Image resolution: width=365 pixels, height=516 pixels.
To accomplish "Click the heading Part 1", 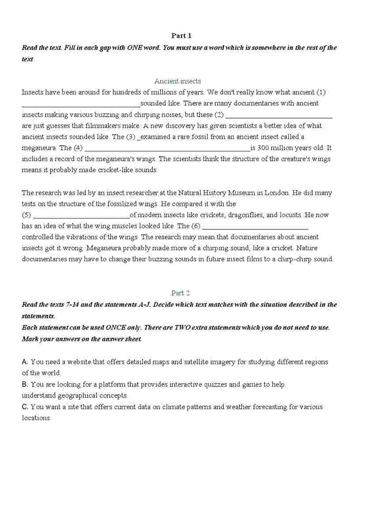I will point(181,36).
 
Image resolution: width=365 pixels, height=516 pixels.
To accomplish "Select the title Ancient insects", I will point(177,81).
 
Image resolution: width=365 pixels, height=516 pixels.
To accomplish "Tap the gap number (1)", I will point(321,92).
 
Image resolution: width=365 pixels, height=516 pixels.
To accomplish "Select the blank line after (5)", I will point(82,218).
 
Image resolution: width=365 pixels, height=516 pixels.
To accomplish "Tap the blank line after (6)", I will point(255,229).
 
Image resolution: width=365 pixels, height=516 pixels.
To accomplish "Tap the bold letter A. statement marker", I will point(25,362).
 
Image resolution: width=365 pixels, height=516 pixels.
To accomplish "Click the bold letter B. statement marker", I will point(25,384).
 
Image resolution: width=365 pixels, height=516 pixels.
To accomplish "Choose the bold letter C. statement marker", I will point(25,407).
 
